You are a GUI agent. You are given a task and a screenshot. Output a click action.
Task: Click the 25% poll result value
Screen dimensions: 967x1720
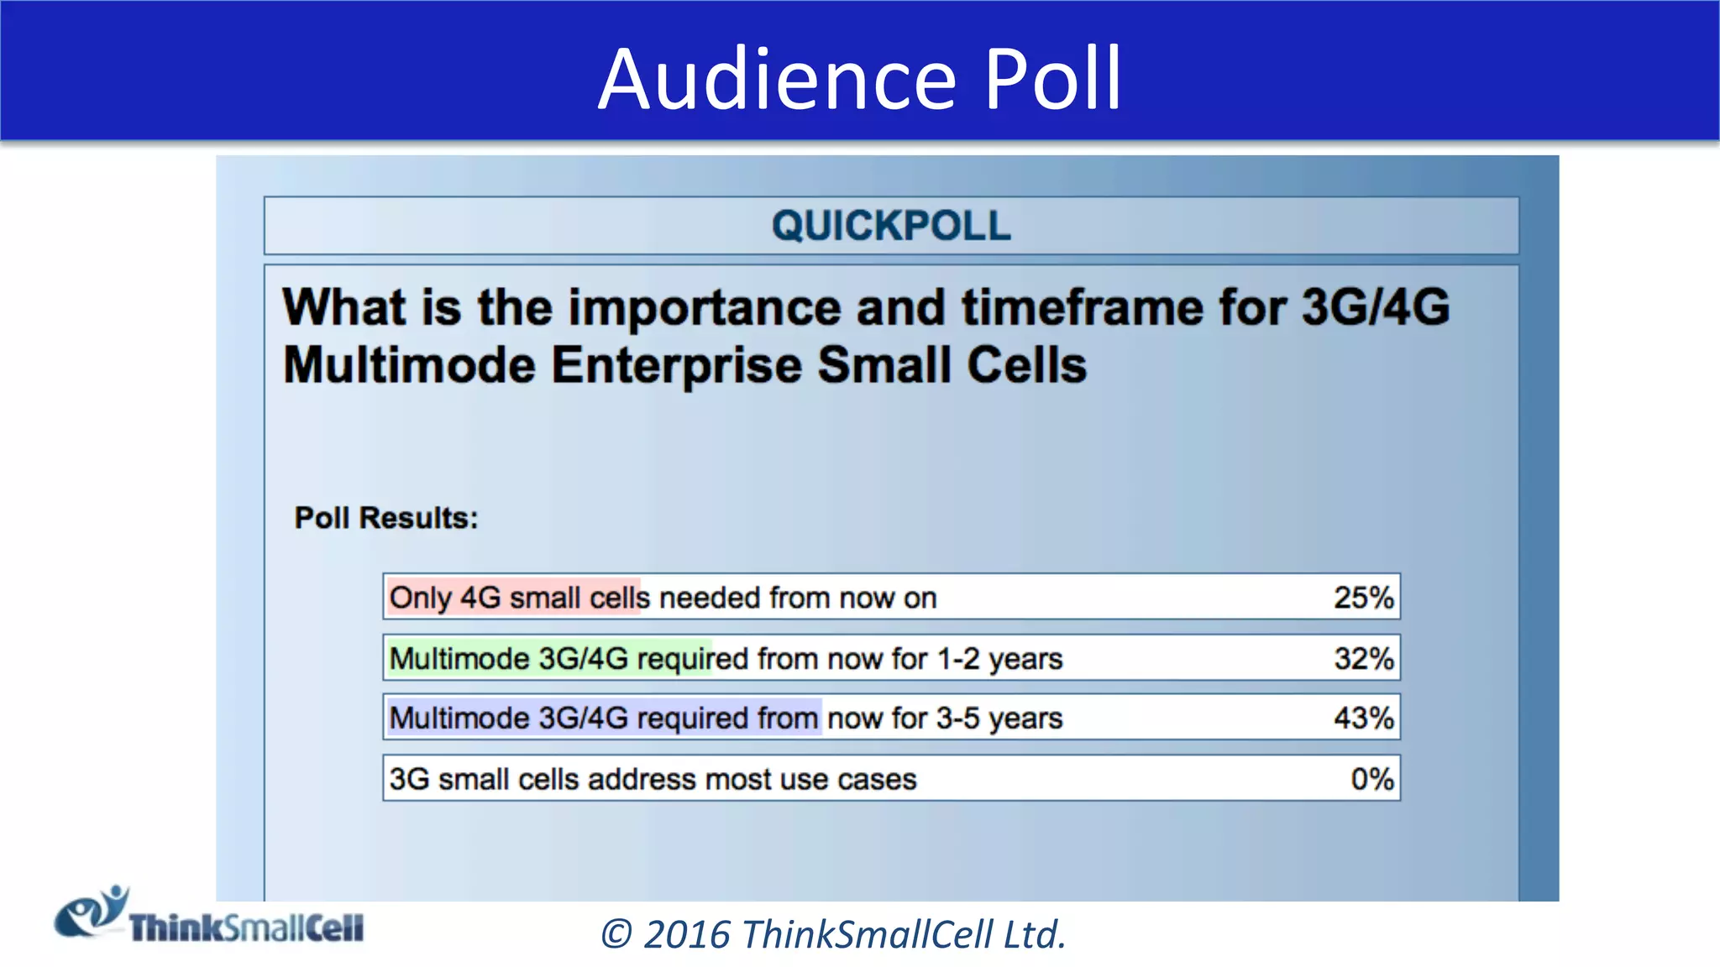pos(1363,598)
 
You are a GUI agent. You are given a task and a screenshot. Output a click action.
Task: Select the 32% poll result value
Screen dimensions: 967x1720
pos(1363,658)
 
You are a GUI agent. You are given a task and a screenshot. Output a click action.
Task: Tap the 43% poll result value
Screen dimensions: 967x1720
pos(1363,719)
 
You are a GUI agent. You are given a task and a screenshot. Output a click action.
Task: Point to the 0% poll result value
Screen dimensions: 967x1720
pos(1371,779)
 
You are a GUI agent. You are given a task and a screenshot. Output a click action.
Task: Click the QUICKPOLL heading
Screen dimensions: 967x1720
pos(891,226)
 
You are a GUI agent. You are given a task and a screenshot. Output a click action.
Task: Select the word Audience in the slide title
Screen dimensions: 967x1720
pos(777,79)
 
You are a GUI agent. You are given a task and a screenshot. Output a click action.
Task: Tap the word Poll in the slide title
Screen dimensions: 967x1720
pos(1052,79)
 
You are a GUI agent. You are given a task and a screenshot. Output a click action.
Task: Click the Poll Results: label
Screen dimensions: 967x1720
pos(385,518)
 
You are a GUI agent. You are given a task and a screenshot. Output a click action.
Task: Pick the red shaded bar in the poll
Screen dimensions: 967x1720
pos(513,598)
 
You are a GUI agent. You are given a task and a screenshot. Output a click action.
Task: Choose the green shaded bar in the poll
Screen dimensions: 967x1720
pos(549,658)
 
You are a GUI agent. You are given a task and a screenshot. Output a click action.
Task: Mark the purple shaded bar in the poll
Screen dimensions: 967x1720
pos(604,719)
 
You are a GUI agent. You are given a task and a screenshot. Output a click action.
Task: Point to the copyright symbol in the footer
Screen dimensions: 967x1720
pos(617,934)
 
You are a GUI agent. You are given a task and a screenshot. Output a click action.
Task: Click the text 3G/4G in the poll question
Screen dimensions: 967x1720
pos(1375,307)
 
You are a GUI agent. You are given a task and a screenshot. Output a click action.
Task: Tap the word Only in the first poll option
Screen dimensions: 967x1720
pos(421,598)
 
